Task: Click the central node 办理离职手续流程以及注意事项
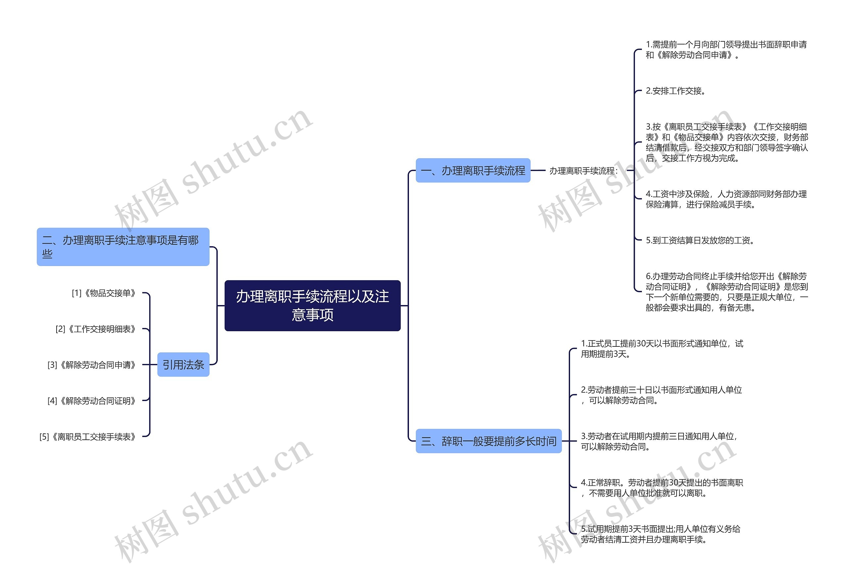pos(312,305)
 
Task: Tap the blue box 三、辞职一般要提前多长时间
pos(488,441)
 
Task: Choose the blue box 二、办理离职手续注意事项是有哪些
pos(123,247)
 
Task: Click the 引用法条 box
pos(183,365)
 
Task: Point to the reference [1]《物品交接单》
pos(104,293)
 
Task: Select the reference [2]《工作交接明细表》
pos(96,329)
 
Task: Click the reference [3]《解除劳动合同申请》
pos(92,365)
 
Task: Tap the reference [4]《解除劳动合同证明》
pos(92,401)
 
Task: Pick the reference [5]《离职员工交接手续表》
pos(88,436)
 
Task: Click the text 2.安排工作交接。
pos(675,91)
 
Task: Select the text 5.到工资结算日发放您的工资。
pos(700,240)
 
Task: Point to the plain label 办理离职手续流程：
pos(583,171)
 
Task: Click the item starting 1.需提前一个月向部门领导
pos(726,50)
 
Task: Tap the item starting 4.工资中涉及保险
pos(726,199)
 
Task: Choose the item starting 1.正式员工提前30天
pos(661,348)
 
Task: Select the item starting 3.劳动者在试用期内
pos(659,441)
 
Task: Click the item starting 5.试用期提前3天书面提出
pos(660,534)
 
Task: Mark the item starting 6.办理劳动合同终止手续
pos(727,291)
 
